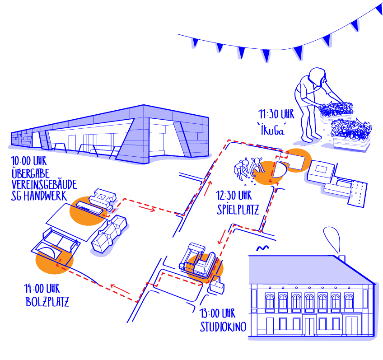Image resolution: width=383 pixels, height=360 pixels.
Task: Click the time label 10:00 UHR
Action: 28,161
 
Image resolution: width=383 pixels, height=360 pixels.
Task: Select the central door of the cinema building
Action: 310,326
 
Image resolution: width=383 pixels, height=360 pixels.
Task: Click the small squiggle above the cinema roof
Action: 262,248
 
